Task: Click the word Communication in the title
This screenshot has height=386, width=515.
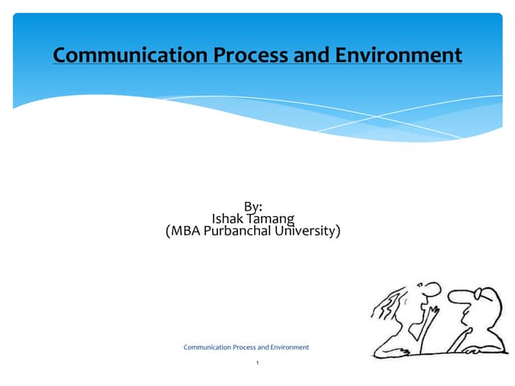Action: click(x=123, y=55)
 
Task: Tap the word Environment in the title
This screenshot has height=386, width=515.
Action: click(x=394, y=55)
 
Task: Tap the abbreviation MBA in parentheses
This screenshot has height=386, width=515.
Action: click(x=187, y=232)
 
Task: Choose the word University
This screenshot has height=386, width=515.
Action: click(x=310, y=232)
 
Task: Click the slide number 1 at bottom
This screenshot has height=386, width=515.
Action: click(x=257, y=363)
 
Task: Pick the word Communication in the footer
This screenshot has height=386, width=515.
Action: click(x=207, y=347)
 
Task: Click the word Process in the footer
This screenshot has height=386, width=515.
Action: click(x=244, y=347)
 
